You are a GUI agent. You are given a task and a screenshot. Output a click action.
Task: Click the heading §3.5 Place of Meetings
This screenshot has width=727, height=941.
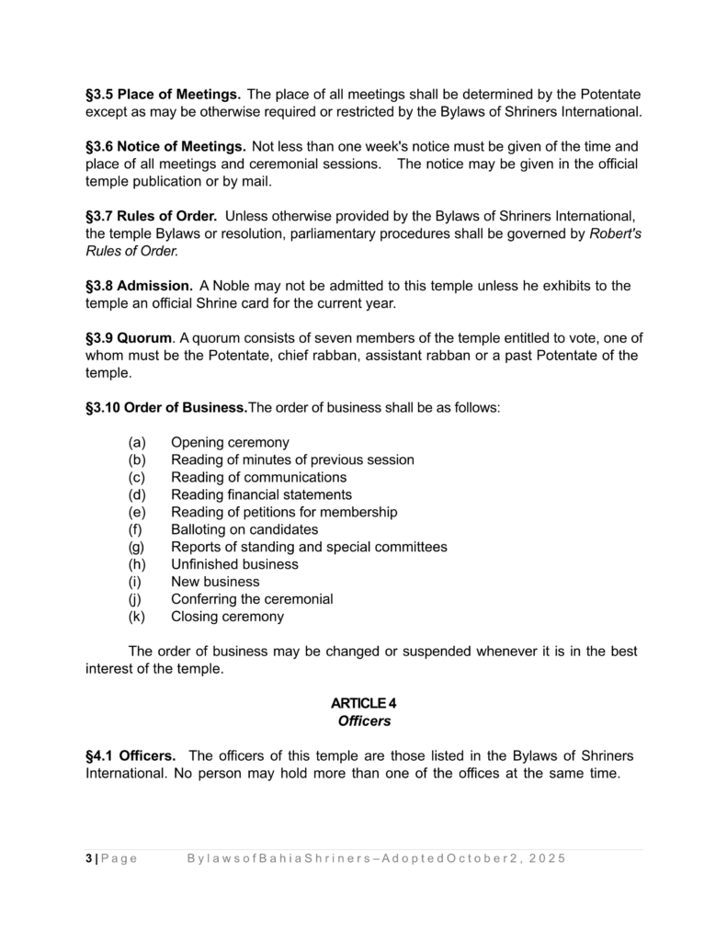point(163,95)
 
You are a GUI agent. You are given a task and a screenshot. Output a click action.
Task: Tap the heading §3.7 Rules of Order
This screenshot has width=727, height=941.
point(151,217)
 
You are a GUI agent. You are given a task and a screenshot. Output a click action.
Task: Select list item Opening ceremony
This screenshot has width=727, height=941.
point(230,443)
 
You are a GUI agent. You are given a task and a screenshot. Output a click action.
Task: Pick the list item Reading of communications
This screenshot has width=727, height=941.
point(258,478)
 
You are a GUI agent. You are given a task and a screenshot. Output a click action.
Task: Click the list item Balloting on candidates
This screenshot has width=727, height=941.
point(244,530)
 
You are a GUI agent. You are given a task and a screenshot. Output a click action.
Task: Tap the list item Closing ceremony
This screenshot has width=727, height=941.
point(227,618)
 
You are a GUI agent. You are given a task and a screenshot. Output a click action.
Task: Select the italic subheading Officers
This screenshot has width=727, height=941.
point(364,722)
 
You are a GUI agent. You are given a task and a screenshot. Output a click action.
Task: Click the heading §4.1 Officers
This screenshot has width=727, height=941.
point(131,756)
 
